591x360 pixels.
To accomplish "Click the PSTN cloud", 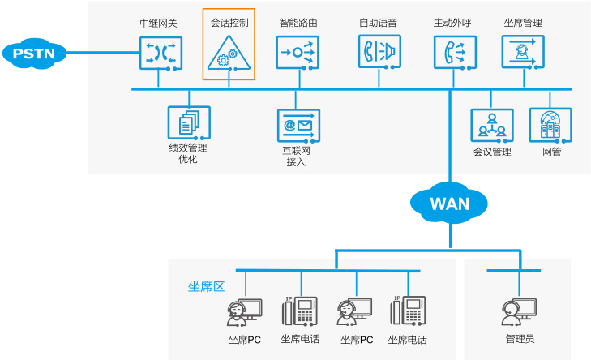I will pyautogui.click(x=34, y=54).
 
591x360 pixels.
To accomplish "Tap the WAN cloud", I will pyautogui.click(x=449, y=203).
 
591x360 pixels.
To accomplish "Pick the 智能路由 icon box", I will pyautogui.click(x=298, y=53).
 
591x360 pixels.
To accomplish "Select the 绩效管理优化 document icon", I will pyautogui.click(x=189, y=123).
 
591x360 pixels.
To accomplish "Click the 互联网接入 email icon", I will pyautogui.click(x=298, y=125).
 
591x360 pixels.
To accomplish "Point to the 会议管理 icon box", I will pyautogui.click(x=491, y=125).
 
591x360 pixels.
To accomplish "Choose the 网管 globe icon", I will pyautogui.click(x=550, y=125).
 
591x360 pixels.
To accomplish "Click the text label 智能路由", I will pyautogui.click(x=298, y=23).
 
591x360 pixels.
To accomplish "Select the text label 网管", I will pyautogui.click(x=551, y=152).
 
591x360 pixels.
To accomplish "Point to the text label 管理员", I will pyautogui.click(x=520, y=339).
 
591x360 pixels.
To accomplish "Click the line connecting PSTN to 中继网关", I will pyautogui.click(x=101, y=54).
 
